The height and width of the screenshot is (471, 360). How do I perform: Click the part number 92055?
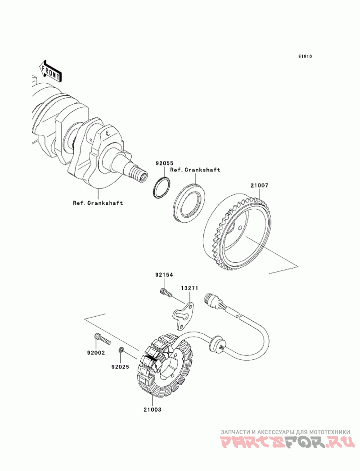click(x=164, y=163)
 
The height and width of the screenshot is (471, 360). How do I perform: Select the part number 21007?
click(x=259, y=186)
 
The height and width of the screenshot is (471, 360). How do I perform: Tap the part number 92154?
click(x=164, y=275)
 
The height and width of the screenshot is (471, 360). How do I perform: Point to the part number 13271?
click(x=189, y=288)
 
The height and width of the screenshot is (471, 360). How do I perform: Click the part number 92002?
click(x=96, y=353)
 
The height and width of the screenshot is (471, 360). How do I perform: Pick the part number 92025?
click(x=120, y=367)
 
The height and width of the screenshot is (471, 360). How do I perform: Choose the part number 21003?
click(x=152, y=409)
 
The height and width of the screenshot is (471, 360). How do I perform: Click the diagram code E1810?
click(x=305, y=56)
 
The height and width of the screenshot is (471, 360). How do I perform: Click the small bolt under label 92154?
click(x=165, y=292)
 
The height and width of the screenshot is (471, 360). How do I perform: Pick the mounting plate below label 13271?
click(x=183, y=316)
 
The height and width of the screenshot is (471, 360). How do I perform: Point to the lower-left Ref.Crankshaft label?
click(x=98, y=203)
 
